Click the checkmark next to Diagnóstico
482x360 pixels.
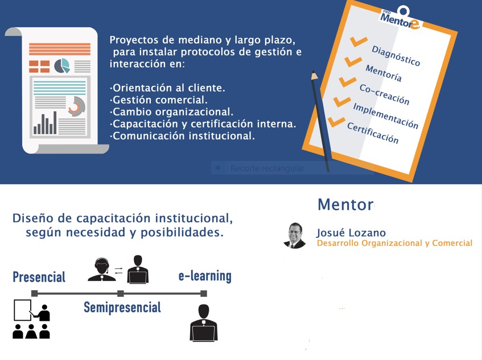pos(359,41)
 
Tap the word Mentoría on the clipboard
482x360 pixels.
pos(384,73)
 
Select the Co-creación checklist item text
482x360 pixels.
pos(384,94)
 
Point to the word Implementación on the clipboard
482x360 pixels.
pos(385,116)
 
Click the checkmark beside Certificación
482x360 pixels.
pos(336,122)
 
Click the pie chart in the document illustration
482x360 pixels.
pos(62,66)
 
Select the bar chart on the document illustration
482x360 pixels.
pos(45,123)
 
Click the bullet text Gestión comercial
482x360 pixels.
pos(159,100)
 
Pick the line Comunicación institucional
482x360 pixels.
pos(182,136)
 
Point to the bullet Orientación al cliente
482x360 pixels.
pos(167,88)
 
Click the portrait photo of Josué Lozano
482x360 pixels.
pos(295,235)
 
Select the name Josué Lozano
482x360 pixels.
pos(351,233)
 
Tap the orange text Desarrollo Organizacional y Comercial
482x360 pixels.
pos(394,243)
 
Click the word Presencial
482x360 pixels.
pos(39,277)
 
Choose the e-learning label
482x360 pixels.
pos(205,276)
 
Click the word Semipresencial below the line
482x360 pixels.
pos(122,307)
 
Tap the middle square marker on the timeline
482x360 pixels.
pos(121,293)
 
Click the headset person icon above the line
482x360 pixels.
pos(102,270)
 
